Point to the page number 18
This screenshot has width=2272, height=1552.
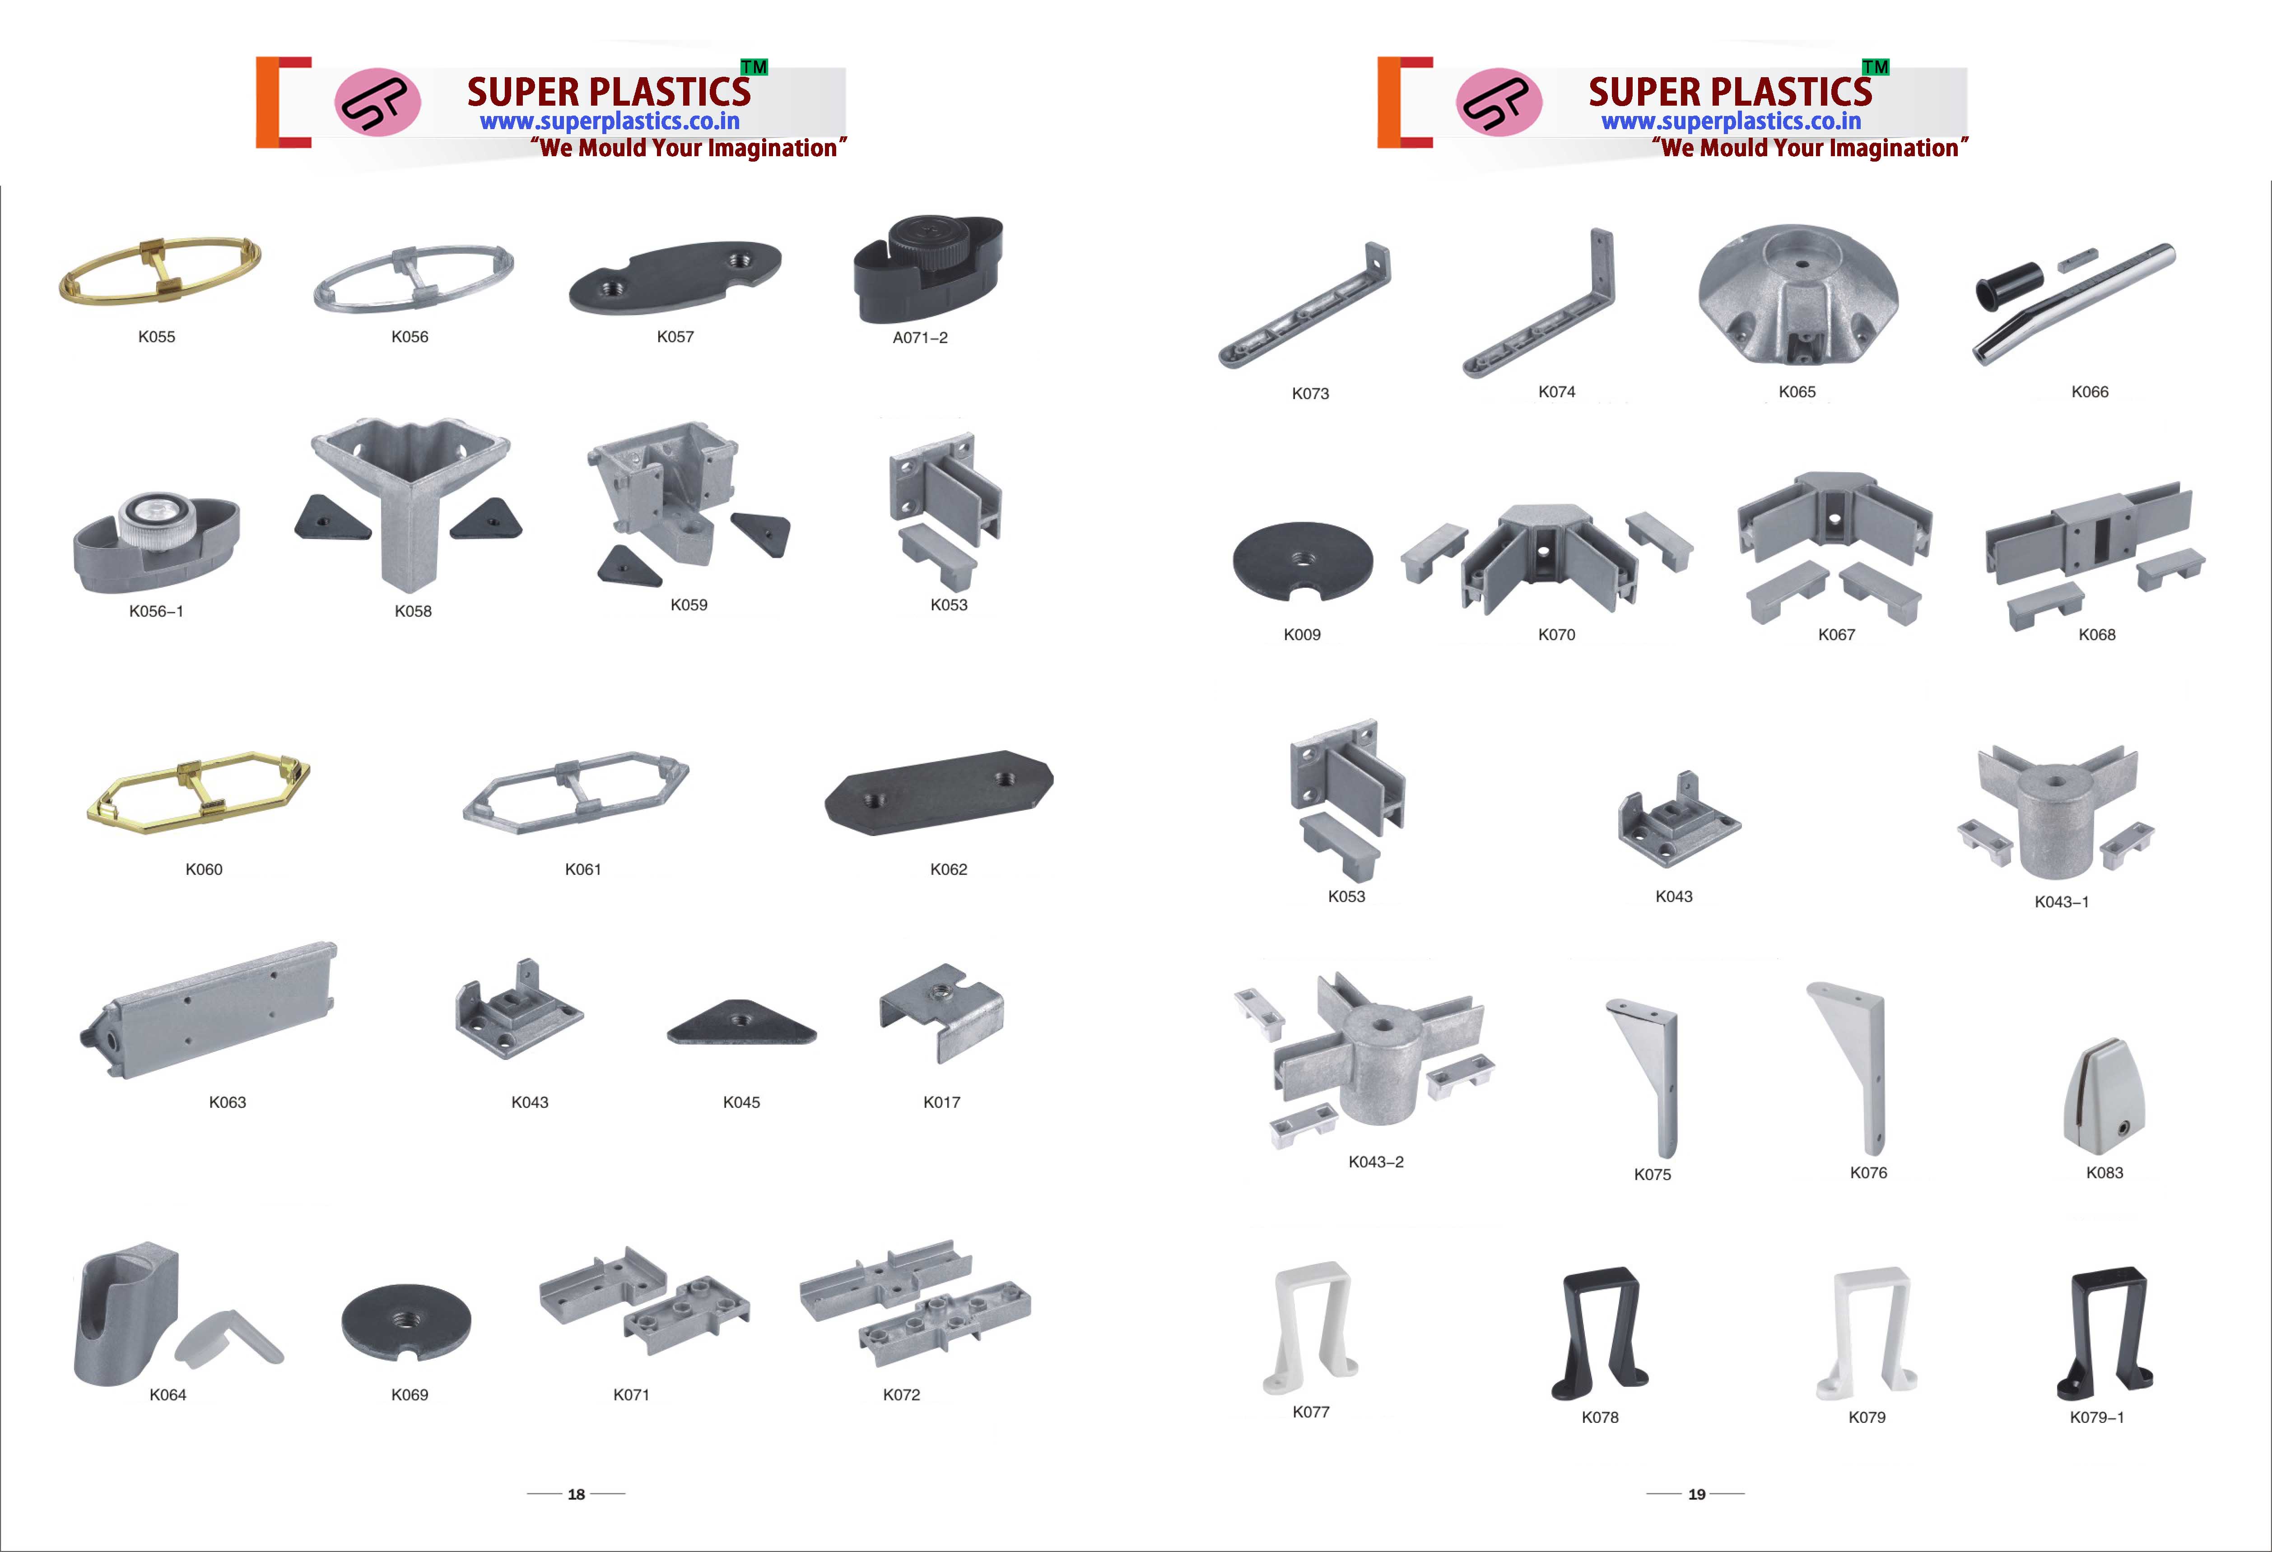(576, 1494)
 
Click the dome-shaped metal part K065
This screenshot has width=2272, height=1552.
(1798, 295)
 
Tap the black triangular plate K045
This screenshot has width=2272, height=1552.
(741, 1024)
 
